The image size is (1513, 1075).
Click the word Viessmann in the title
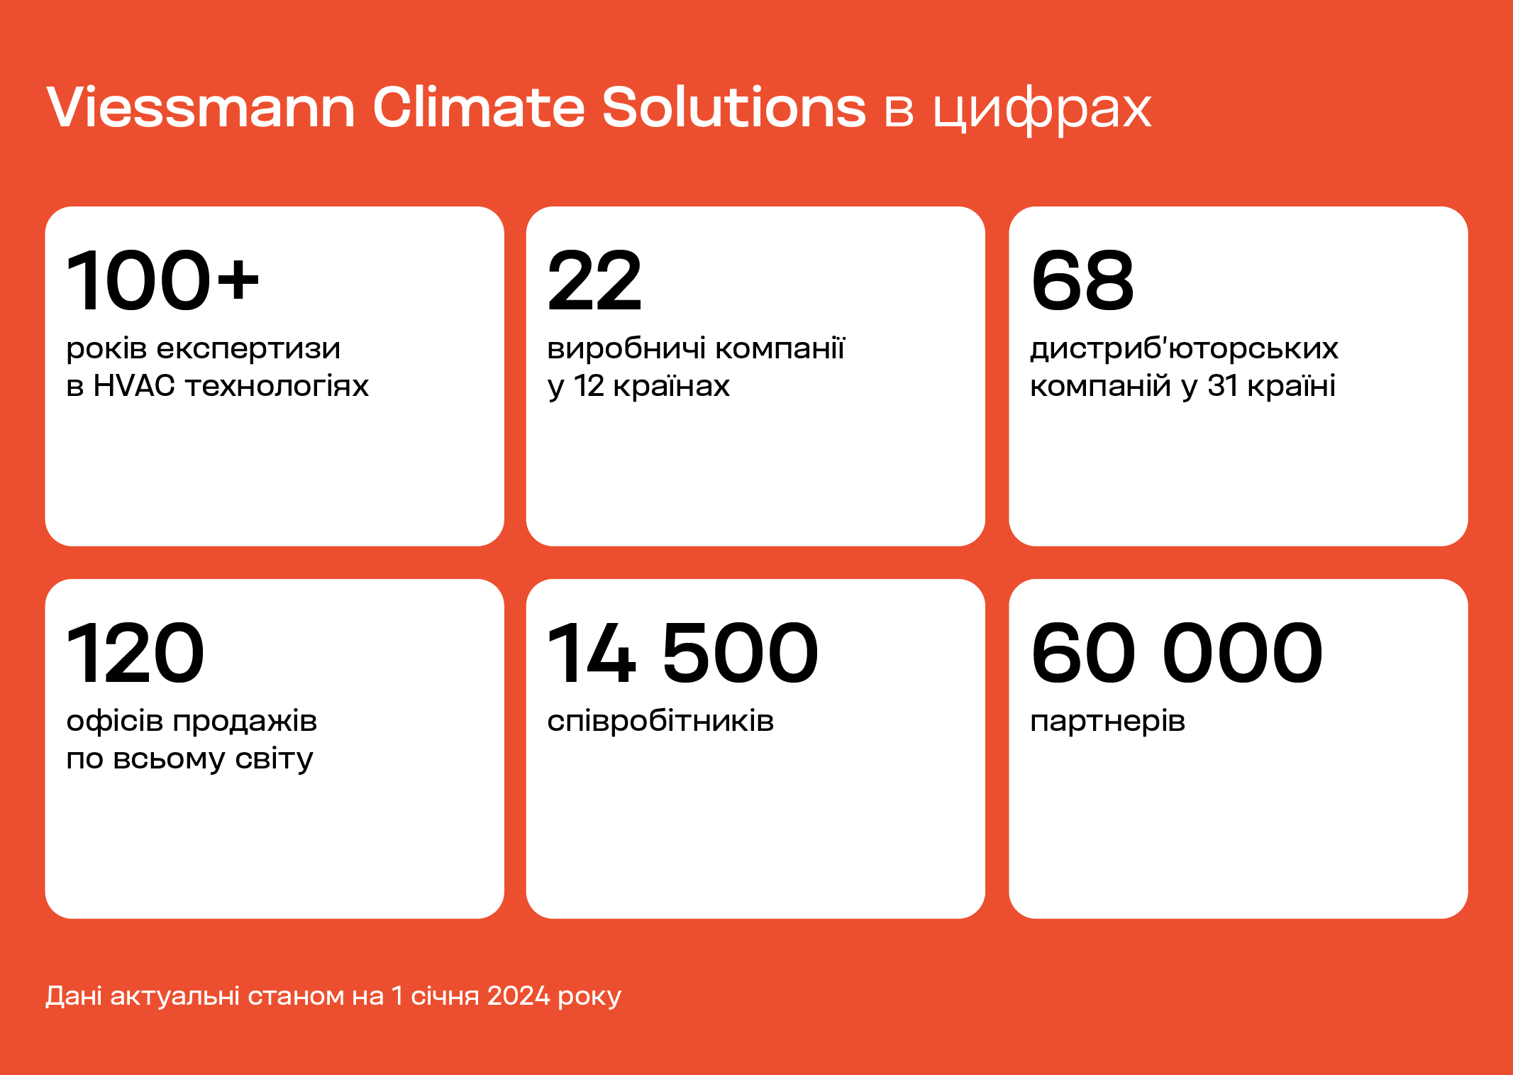coord(201,107)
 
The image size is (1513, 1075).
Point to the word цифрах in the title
coord(1042,112)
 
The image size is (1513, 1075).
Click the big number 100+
coord(163,281)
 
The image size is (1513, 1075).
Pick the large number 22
coord(595,281)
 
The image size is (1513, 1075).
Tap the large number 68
coord(1082,281)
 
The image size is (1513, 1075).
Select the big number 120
coord(135,653)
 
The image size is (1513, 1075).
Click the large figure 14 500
coord(683,653)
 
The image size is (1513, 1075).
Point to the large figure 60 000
coord(1177,653)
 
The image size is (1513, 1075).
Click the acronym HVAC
coord(134,386)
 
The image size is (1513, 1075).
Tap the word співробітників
coord(660,722)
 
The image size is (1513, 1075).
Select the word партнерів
coord(1108,722)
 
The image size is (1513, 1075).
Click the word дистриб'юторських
coord(1184,349)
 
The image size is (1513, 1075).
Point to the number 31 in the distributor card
coord(1223,386)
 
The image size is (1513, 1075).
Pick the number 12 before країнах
coord(589,386)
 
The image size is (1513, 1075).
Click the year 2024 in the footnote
coord(519,996)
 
